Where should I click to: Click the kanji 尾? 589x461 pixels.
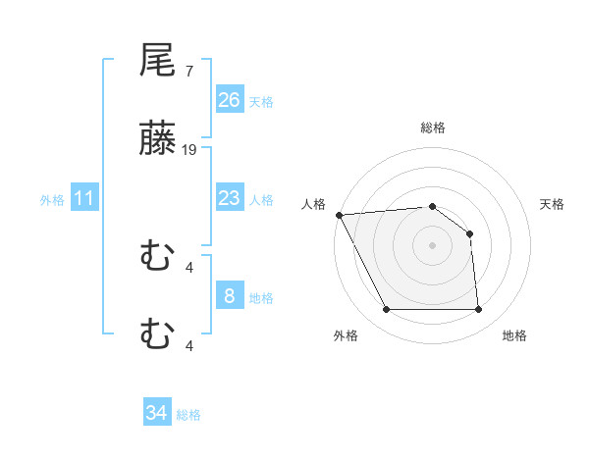click(x=158, y=61)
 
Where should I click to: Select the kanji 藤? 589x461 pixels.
click(x=158, y=140)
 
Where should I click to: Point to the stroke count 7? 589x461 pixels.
click(x=188, y=72)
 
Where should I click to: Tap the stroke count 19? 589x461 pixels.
click(x=189, y=150)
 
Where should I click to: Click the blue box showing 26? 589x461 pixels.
click(x=230, y=99)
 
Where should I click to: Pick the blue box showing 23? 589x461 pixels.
click(x=230, y=198)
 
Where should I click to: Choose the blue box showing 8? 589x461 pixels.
click(x=230, y=296)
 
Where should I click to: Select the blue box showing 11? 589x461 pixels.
click(x=84, y=198)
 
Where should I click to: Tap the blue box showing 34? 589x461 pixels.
click(x=157, y=413)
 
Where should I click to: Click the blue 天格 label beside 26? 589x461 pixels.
click(x=261, y=101)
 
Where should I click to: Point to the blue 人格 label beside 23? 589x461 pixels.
click(x=261, y=200)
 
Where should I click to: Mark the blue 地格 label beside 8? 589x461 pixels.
click(x=261, y=298)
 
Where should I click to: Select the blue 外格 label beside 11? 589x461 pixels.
click(x=52, y=200)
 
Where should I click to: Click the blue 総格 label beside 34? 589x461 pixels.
click(x=188, y=415)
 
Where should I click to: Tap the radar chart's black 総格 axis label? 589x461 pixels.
click(x=433, y=128)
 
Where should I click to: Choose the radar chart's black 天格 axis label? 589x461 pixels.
click(x=553, y=204)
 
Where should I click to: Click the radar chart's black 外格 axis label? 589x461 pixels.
click(x=346, y=336)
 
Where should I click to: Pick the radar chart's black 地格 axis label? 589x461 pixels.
click(x=514, y=336)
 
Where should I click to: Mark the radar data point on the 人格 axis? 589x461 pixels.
click(x=339, y=215)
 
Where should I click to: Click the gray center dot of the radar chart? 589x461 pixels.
click(x=433, y=245)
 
